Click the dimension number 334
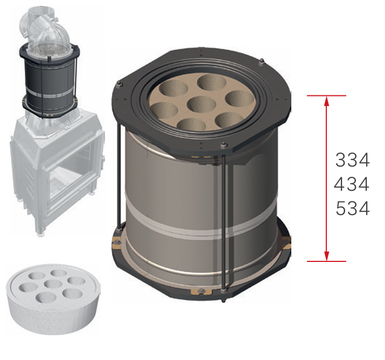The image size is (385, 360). [x=352, y=160]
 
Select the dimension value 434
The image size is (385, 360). [x=352, y=184]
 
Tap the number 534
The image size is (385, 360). [x=353, y=208]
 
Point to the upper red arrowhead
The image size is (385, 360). [x=326, y=101]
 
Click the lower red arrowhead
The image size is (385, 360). [x=326, y=256]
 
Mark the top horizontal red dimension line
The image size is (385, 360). [x=326, y=95]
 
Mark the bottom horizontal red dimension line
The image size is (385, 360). [x=326, y=261]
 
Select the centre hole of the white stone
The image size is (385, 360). [x=53, y=284]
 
